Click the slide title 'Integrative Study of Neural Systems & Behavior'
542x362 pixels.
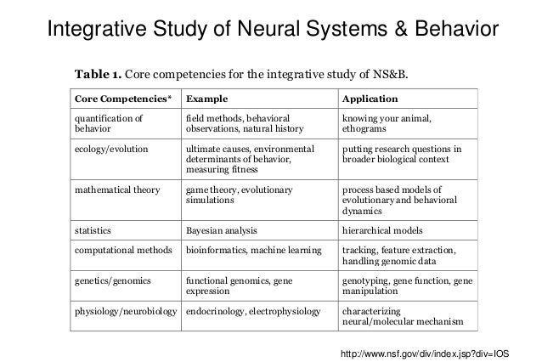click(271, 31)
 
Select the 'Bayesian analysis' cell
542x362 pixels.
click(221, 229)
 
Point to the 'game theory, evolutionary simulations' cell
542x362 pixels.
click(239, 196)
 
